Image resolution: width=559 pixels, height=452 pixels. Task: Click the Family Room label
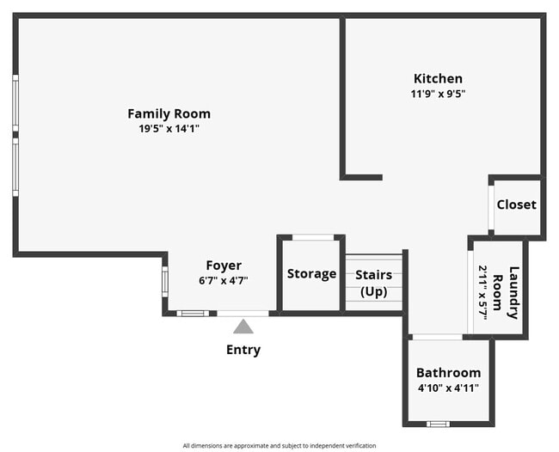(169, 113)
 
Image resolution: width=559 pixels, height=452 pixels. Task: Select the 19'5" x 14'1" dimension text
(169, 129)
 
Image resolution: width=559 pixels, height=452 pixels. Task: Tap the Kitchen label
(438, 78)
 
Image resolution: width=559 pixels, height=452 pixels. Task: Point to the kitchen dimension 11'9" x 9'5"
(438, 94)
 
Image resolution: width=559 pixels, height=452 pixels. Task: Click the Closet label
(516, 205)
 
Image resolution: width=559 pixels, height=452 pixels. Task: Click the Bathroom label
(448, 373)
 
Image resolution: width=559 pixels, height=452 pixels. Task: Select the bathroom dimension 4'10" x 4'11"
(448, 388)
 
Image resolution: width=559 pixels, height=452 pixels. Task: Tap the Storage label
(311, 274)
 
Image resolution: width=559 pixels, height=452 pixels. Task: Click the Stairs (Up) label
(373, 284)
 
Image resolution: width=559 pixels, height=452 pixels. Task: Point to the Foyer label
(223, 266)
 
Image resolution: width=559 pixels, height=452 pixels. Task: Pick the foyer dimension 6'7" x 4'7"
(223, 281)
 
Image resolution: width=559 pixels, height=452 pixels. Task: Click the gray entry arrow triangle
(243, 327)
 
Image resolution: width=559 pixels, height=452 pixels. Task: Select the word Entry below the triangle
(243, 350)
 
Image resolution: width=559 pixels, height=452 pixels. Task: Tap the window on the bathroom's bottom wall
(439, 424)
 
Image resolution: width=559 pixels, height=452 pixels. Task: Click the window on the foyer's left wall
(164, 281)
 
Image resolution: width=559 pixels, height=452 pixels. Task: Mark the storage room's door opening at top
(311, 237)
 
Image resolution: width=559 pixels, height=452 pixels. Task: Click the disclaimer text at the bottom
(279, 446)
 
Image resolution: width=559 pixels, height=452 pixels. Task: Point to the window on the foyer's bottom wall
(193, 314)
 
